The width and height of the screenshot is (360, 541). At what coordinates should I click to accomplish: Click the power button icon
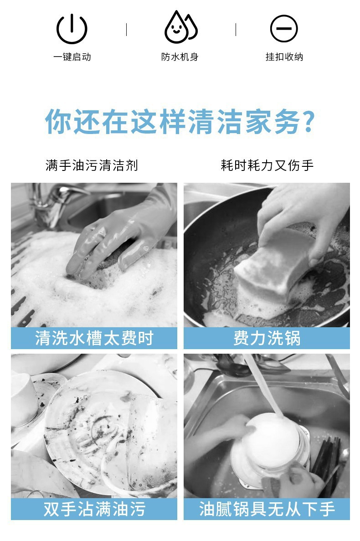72,29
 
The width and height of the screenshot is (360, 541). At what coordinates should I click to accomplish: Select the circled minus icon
283,29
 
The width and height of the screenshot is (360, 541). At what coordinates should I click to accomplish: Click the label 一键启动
72,57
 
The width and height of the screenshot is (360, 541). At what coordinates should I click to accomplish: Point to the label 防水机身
180,57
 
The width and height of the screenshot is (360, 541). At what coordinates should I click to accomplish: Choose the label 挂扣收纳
284,57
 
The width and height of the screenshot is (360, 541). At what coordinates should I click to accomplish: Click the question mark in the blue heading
308,121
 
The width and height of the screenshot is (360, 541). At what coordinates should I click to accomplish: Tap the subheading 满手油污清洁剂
92,165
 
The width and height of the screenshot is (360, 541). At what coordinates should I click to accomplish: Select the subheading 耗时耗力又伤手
267,165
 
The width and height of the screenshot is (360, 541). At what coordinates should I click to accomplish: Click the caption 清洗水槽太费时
94,338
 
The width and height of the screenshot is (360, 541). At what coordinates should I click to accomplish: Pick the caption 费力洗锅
267,338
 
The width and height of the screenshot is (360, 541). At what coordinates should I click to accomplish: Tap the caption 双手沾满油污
94,509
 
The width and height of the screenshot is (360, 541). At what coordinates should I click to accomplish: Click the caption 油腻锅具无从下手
267,509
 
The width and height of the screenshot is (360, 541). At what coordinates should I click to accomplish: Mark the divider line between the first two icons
126,30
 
